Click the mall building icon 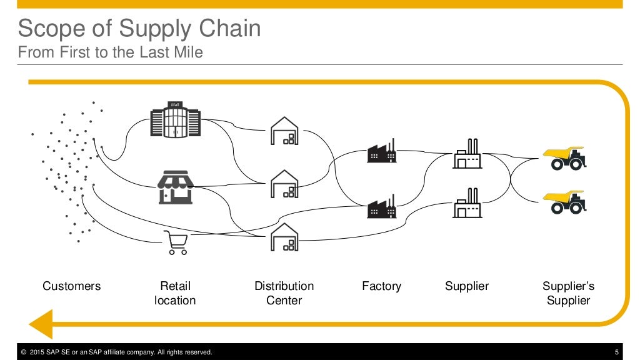click(176, 119)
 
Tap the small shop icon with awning click(176, 187)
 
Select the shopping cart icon click(175, 242)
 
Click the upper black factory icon click(382, 151)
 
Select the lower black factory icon click(382, 206)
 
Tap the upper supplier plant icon click(467, 154)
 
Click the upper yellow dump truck click(565, 158)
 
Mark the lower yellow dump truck click(565, 202)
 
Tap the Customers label click(71, 286)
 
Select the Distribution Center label click(284, 293)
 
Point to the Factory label click(381, 286)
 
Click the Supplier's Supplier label click(568, 293)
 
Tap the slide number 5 click(617, 352)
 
